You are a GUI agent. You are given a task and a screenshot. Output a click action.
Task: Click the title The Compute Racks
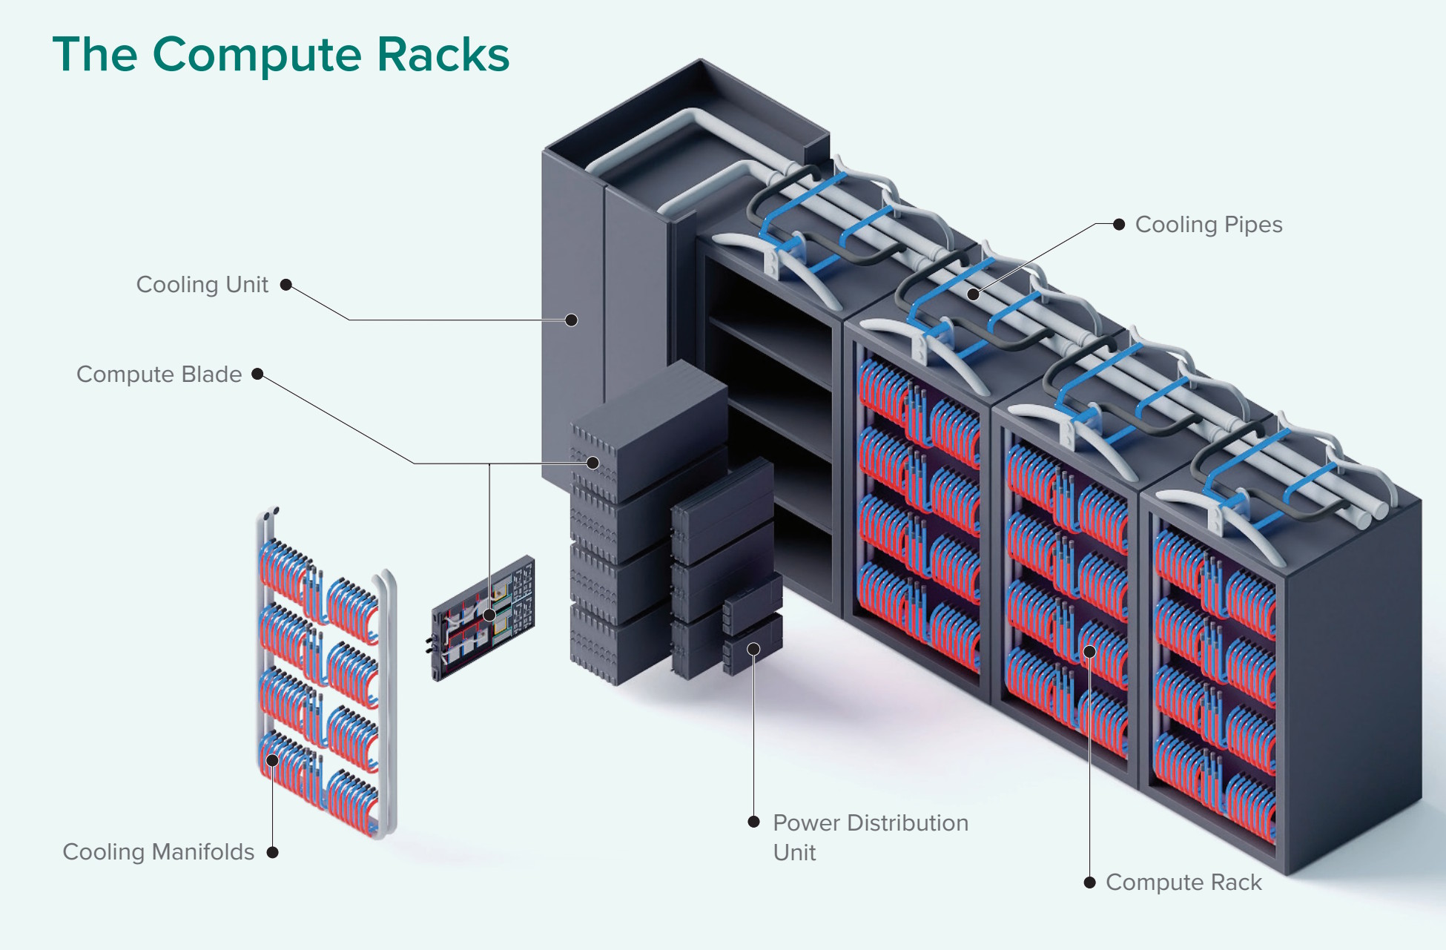[x=280, y=55]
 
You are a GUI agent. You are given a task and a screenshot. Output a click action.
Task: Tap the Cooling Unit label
[x=202, y=285]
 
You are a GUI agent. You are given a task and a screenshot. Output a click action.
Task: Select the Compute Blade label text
[x=159, y=375]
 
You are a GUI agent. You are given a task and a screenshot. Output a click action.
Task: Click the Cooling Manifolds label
[x=158, y=852]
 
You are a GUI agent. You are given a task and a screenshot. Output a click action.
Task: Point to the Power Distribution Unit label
[x=870, y=837]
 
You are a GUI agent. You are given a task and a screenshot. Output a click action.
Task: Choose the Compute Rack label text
[x=1183, y=883]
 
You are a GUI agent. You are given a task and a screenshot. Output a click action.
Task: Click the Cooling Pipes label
[x=1208, y=225]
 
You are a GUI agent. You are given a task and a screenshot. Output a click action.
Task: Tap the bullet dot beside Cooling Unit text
[x=285, y=285]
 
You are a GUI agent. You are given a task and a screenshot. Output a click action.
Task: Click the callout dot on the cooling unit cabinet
[x=571, y=320]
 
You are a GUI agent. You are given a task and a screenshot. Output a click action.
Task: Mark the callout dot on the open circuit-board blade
[x=489, y=615]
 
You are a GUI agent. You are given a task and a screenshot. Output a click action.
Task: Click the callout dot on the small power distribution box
[x=753, y=650]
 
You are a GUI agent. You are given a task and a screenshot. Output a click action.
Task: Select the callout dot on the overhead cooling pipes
[x=974, y=294]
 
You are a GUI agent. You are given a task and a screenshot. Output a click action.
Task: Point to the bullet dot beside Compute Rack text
[x=1089, y=883]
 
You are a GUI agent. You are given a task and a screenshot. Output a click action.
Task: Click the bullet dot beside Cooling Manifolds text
[x=272, y=853]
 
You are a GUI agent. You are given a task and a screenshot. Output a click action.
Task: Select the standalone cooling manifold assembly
[x=326, y=675]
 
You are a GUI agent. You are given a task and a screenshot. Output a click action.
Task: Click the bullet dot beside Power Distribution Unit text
[x=753, y=822]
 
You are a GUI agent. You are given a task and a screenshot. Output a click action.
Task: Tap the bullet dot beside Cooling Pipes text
[x=1119, y=224]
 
